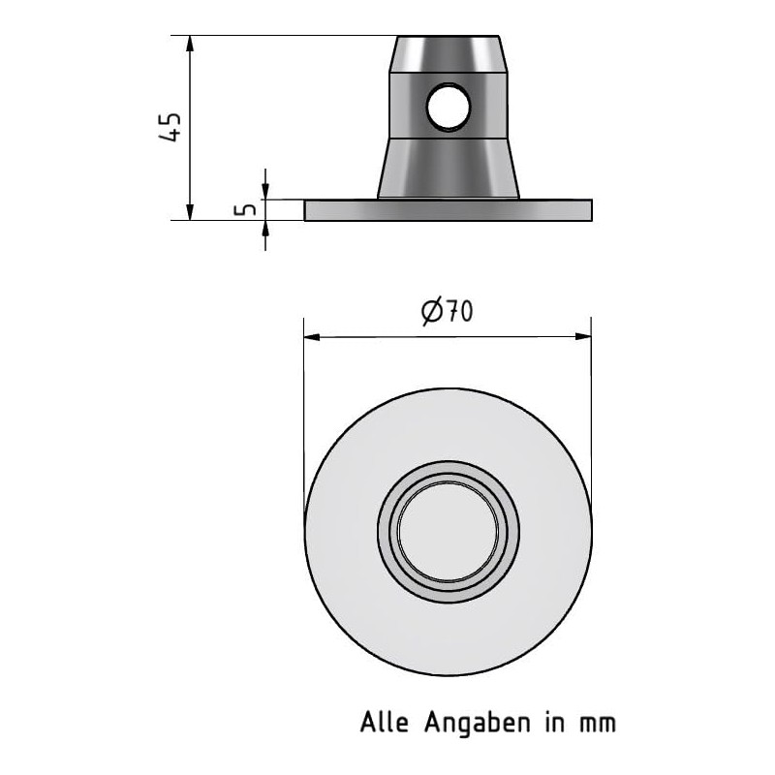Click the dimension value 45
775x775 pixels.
point(170,127)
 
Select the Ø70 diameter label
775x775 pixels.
point(447,311)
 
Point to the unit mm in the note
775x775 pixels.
point(598,723)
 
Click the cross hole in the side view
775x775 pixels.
point(448,107)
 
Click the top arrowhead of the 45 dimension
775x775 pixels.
point(191,45)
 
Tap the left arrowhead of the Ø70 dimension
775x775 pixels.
point(312,337)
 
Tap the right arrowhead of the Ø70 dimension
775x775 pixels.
point(583,337)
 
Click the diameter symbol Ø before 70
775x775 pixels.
point(432,311)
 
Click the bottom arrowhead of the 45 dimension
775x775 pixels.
point(191,211)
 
